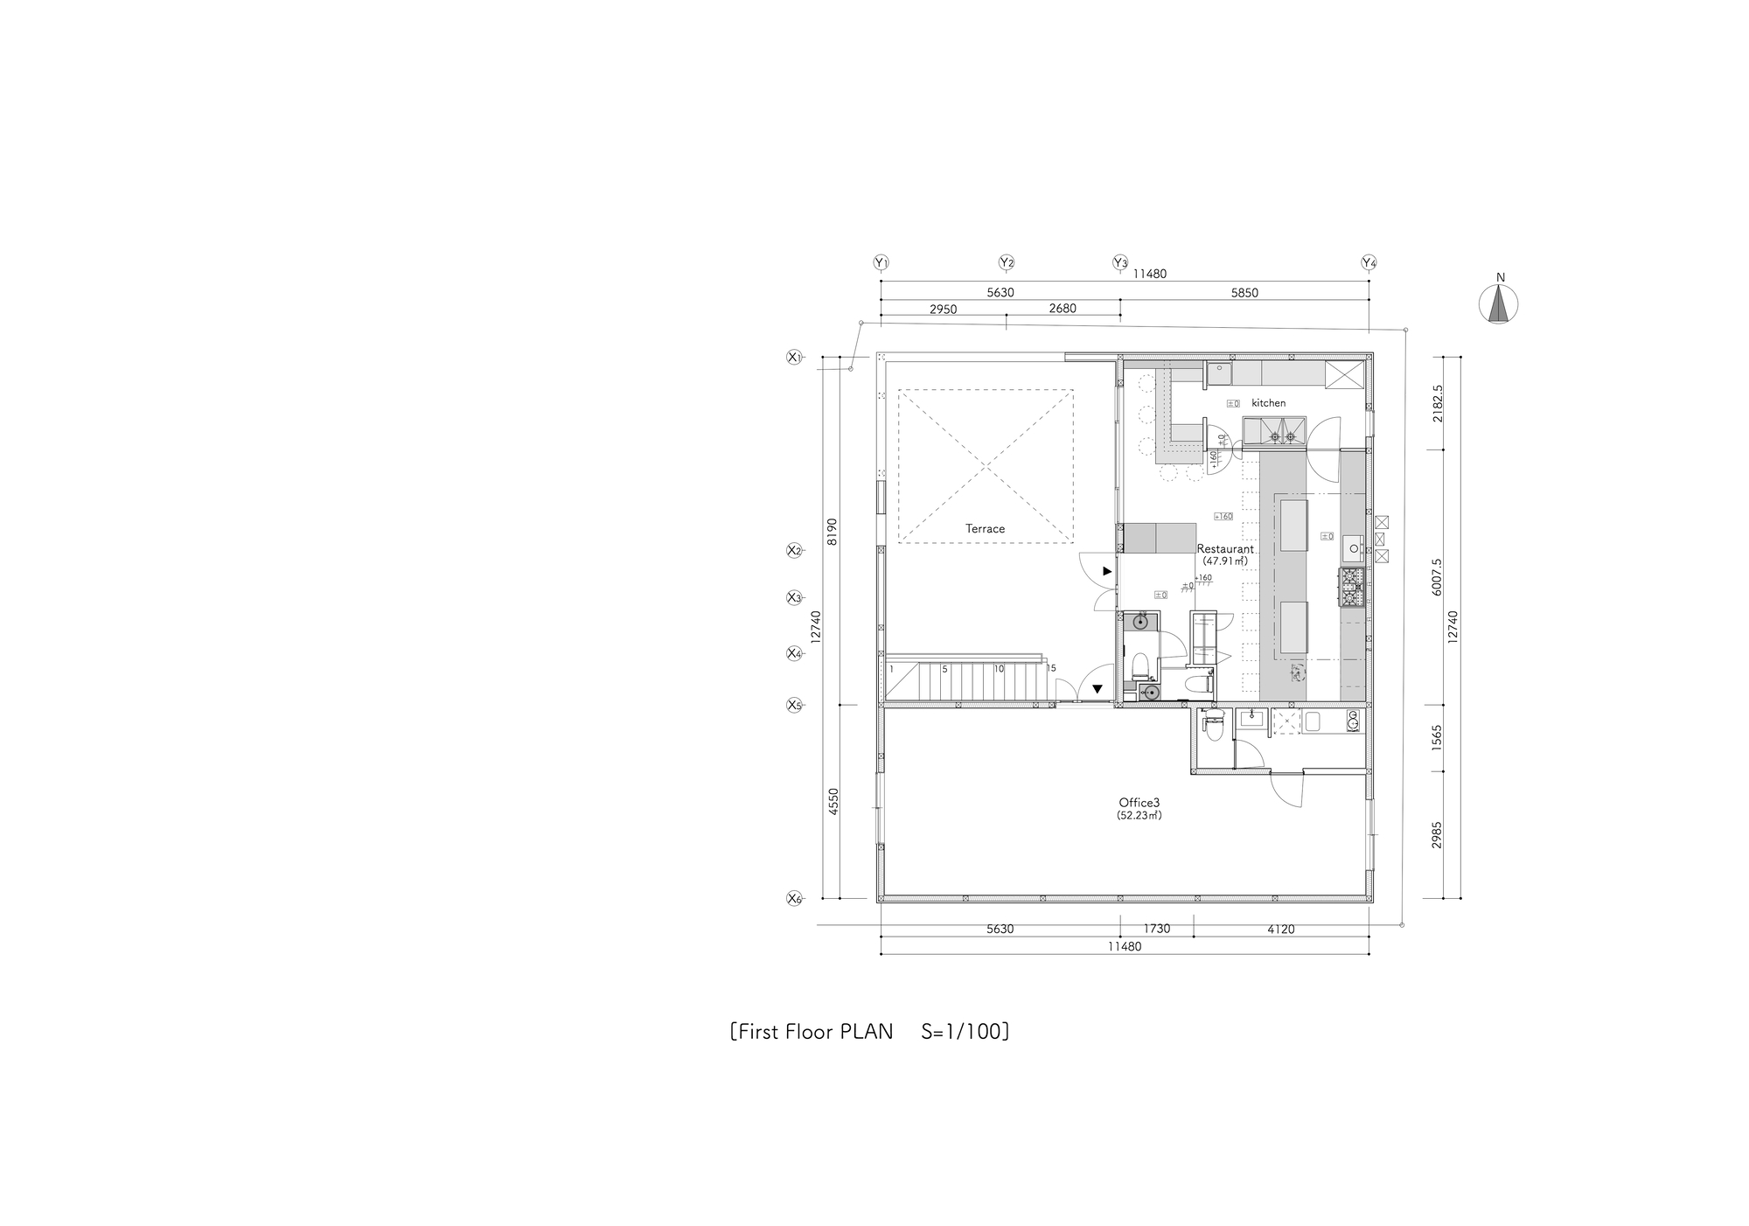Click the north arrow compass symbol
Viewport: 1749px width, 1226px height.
pos(1498,304)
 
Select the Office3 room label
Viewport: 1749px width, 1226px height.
pos(1139,802)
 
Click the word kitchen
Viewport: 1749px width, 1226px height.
pos(1268,403)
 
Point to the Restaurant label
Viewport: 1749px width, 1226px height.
pos(1224,549)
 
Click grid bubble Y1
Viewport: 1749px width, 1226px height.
pos(881,262)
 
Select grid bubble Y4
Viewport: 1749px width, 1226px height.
pos(1369,262)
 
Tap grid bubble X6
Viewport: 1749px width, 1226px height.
pos(794,898)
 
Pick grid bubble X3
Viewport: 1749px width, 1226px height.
pos(794,598)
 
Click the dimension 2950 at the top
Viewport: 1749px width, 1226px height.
pos(943,309)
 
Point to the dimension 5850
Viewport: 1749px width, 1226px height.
pos(1244,293)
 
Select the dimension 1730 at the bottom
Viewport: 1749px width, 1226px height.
pos(1156,929)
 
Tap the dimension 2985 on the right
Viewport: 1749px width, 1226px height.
pos(1437,835)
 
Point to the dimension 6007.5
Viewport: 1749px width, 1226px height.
pos(1437,577)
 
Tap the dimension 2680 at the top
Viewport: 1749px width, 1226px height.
pos(1062,309)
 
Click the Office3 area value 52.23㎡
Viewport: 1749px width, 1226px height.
pos(1139,815)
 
